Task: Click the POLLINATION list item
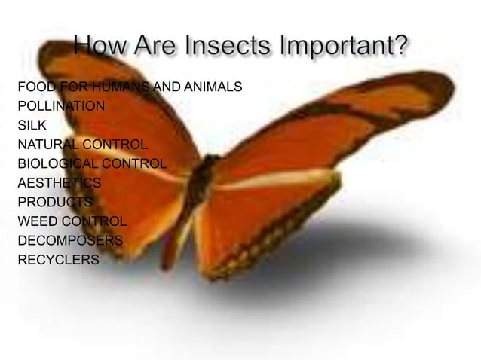click(x=60, y=106)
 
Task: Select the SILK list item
click(x=32, y=125)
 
